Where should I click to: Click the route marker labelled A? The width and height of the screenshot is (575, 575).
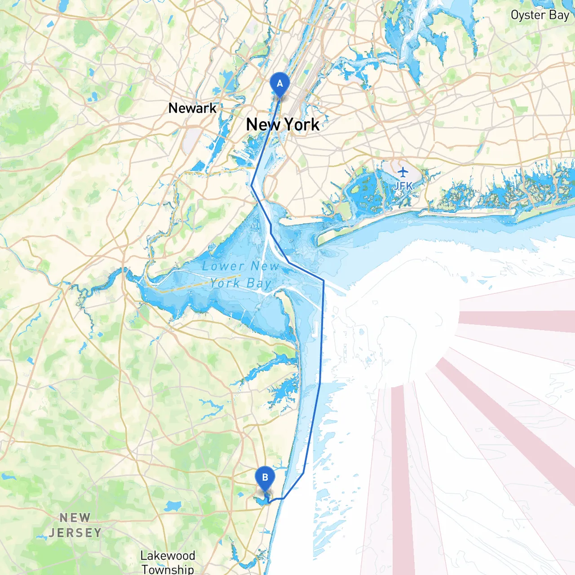(279, 84)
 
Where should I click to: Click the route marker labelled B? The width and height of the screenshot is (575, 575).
(265, 478)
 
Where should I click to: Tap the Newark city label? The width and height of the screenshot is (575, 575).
(192, 108)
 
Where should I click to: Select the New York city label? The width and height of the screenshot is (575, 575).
(283, 124)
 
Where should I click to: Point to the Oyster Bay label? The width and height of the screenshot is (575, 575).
(540, 15)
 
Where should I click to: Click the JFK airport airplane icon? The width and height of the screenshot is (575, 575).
(403, 172)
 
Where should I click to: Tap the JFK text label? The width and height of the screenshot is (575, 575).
(403, 186)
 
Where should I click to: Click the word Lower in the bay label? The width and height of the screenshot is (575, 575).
(223, 266)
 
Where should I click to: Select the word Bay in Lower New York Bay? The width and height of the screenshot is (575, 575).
(259, 283)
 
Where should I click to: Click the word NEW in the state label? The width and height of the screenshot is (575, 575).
(75, 518)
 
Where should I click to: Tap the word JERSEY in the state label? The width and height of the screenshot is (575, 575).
(75, 533)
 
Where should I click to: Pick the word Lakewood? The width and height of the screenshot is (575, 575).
(168, 556)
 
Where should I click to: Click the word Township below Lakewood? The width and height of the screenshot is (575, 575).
(168, 569)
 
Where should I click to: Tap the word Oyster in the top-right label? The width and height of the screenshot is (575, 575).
(528, 15)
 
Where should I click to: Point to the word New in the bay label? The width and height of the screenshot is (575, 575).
(265, 266)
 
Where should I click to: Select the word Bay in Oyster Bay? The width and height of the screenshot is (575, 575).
(559, 15)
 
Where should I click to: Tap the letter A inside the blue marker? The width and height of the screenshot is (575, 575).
(279, 83)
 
